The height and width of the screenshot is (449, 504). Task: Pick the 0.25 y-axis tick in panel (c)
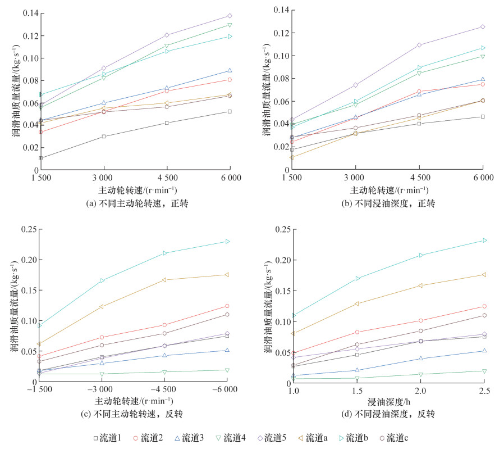(27, 229)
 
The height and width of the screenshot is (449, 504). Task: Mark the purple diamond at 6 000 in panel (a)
(230, 16)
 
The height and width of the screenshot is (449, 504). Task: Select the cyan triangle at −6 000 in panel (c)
(227, 241)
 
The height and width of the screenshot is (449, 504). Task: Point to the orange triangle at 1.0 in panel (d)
(293, 333)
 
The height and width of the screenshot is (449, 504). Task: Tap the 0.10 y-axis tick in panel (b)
(281, 56)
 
